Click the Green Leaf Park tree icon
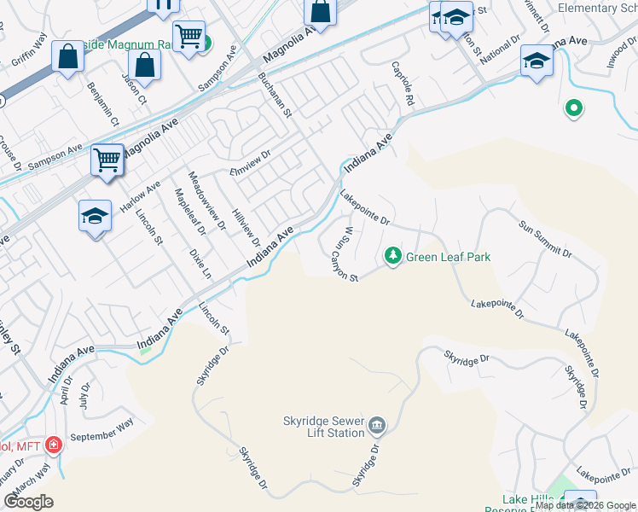[x=392, y=255]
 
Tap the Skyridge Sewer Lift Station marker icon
[x=378, y=425]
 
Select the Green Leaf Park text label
[x=448, y=256]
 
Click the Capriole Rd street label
[x=403, y=84]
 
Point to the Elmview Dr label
[x=248, y=161]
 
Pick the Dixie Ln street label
[x=200, y=264]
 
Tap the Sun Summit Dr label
[x=545, y=237]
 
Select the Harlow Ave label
[x=142, y=198]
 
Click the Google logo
[x=29, y=502]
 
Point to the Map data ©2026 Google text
[x=585, y=505]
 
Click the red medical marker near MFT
[x=53, y=445]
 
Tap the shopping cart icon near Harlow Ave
[x=107, y=160]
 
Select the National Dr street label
[x=500, y=50]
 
